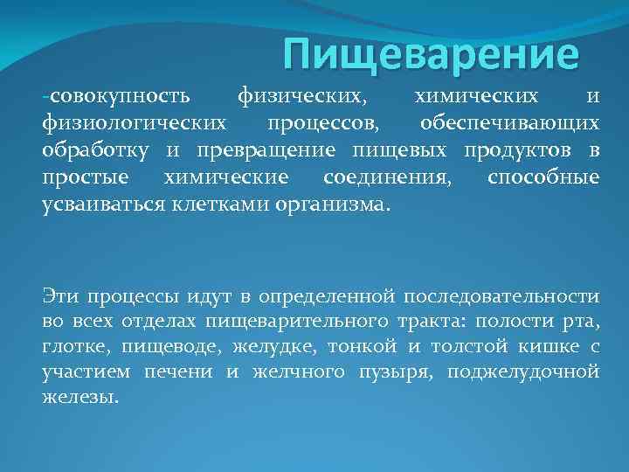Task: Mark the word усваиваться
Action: [x=98, y=206]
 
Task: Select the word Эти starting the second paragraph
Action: [x=59, y=296]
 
